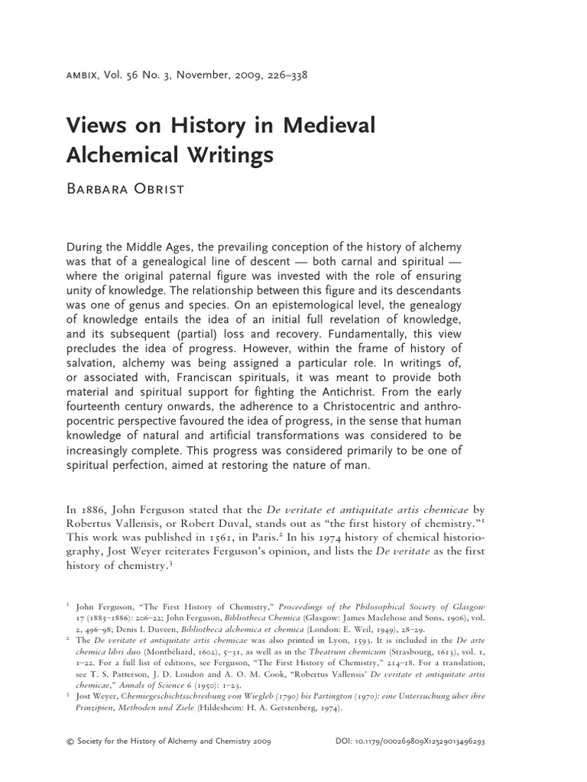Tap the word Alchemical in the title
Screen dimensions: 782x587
(x=130, y=155)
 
